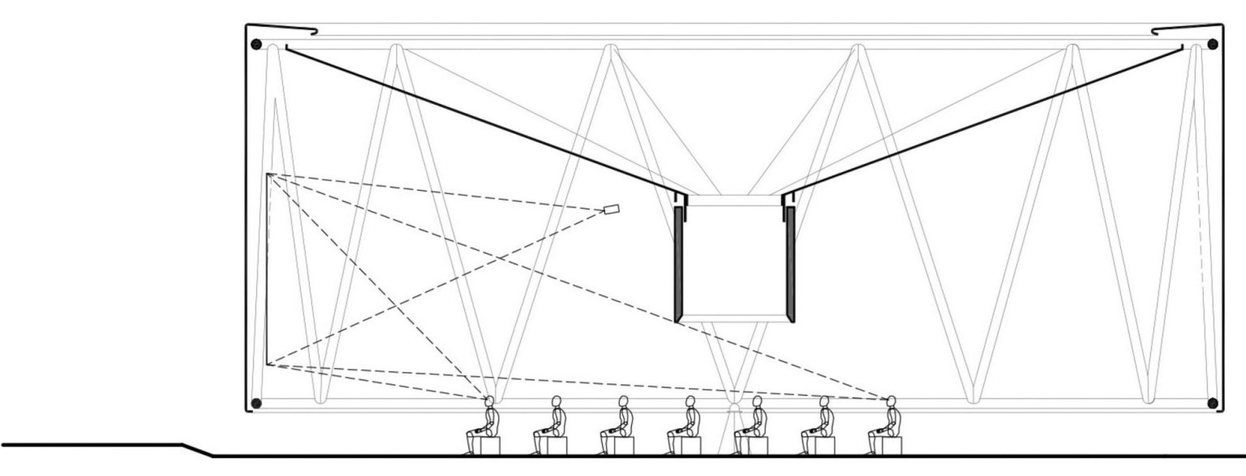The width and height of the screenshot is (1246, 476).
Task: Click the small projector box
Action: point(612,210)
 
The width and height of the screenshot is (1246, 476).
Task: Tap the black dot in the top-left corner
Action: point(256,45)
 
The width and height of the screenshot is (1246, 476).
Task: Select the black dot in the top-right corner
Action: point(1214,45)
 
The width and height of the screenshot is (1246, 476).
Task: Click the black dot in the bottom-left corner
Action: point(256,403)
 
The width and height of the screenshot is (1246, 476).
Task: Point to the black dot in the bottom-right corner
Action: point(1214,403)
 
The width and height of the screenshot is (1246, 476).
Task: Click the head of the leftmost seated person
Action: point(489,401)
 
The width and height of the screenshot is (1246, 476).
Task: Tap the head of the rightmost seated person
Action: point(891,401)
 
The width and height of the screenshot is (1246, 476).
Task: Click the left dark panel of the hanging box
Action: point(680,264)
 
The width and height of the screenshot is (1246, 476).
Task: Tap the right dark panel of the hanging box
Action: point(790,264)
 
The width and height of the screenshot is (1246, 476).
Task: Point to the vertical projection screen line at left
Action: point(267,268)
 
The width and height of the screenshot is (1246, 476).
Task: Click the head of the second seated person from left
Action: point(556,401)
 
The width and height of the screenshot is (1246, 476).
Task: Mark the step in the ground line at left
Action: point(198,449)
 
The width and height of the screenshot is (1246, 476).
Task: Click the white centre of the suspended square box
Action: point(735,260)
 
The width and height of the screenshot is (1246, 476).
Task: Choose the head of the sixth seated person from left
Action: point(824,401)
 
